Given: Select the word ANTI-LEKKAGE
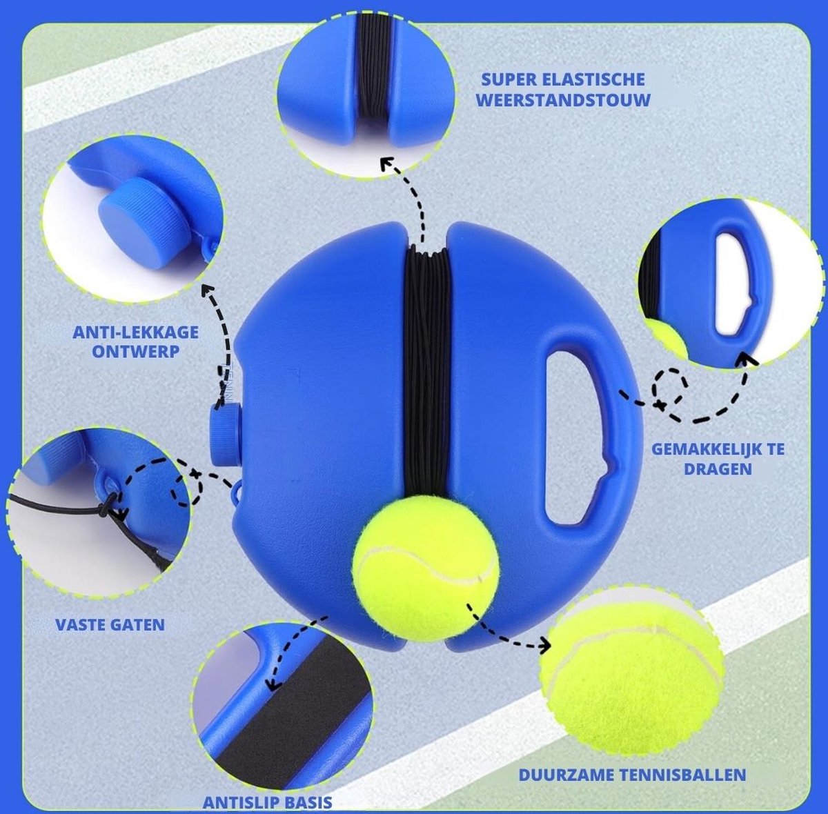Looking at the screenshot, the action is [136, 332].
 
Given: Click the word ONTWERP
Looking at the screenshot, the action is [136, 352].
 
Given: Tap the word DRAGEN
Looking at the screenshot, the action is [718, 468].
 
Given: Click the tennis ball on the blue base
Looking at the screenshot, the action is [426, 568].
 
